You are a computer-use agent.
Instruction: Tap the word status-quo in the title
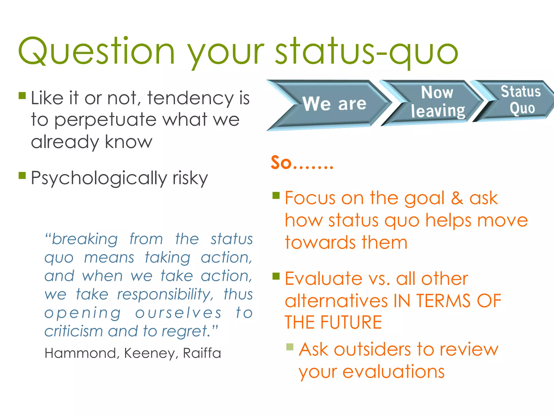coord(367,51)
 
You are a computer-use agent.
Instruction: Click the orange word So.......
coord(281,163)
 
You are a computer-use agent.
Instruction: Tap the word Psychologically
coord(99,178)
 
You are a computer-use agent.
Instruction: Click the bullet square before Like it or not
coord(22,96)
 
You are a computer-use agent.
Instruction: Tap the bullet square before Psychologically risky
coord(22,176)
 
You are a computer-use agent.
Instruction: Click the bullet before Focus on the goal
coord(276,195)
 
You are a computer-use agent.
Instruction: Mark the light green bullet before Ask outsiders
coord(290,347)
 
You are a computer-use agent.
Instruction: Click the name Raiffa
coord(202,353)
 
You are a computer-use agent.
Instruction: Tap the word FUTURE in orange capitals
coord(351,322)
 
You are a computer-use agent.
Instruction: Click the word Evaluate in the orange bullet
coord(324,279)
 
